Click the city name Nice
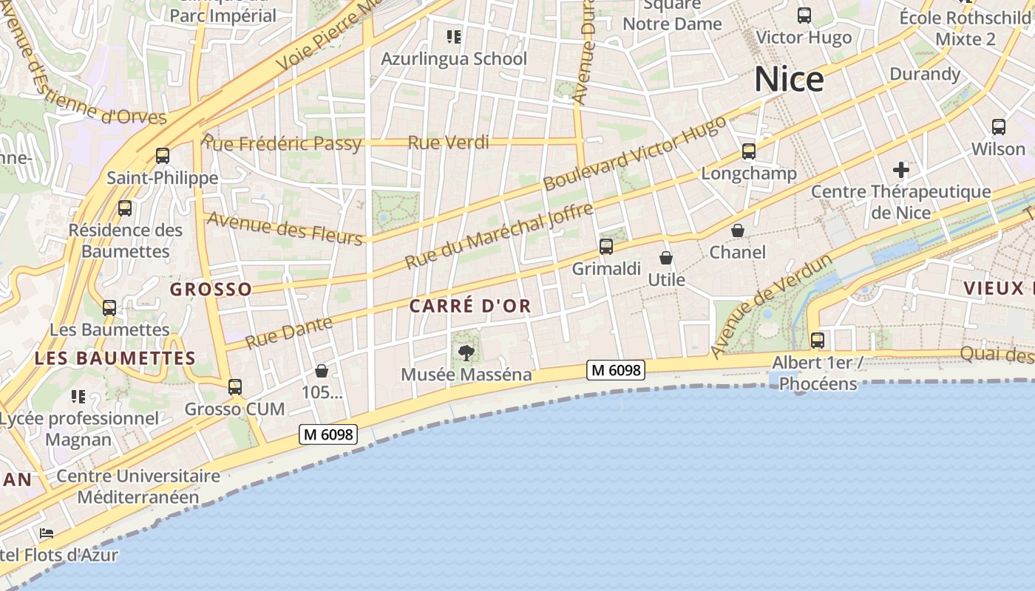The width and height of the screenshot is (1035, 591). pyautogui.click(x=789, y=79)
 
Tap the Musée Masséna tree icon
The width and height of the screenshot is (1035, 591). pyautogui.click(x=466, y=353)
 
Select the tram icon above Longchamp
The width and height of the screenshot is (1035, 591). pyautogui.click(x=749, y=151)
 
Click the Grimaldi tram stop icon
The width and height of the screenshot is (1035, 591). pyautogui.click(x=606, y=247)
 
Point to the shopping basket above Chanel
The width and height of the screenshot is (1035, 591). pyautogui.click(x=737, y=230)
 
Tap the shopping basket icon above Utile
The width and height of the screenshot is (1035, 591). pyautogui.click(x=666, y=258)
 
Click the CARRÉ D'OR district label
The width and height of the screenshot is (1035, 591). pyautogui.click(x=470, y=306)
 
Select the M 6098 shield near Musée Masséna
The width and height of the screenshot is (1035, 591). pyautogui.click(x=616, y=370)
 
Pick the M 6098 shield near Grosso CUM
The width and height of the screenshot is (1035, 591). pyautogui.click(x=328, y=434)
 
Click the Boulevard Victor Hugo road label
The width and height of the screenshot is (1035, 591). pyautogui.click(x=635, y=154)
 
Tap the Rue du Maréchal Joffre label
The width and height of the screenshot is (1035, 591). pyautogui.click(x=500, y=236)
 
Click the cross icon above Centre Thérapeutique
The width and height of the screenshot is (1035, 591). pyautogui.click(x=900, y=170)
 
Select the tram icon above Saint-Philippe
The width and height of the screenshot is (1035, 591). pyautogui.click(x=163, y=156)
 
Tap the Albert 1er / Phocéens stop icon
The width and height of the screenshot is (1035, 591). pyautogui.click(x=818, y=341)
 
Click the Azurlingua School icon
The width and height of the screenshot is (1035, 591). pyautogui.click(x=453, y=36)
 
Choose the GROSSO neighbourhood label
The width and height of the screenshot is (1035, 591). pyautogui.click(x=211, y=289)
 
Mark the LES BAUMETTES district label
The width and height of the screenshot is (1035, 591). pyautogui.click(x=115, y=359)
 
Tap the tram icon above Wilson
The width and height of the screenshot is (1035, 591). pyautogui.click(x=999, y=127)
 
